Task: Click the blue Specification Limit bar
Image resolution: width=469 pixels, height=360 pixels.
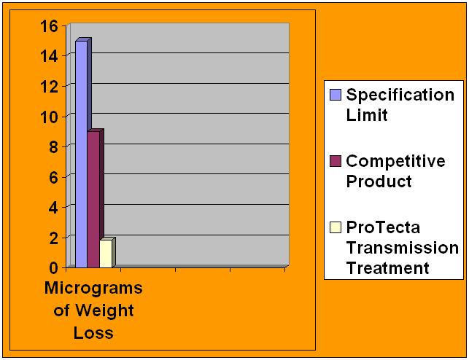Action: [x=81, y=153]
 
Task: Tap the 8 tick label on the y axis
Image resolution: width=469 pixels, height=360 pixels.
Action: [x=53, y=146]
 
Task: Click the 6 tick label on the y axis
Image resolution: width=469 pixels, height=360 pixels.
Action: [x=53, y=177]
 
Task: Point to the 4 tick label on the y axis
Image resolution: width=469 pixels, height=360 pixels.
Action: [x=53, y=207]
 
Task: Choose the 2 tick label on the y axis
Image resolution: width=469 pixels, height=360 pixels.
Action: [x=53, y=238]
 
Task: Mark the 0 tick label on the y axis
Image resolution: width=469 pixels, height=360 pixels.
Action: [x=53, y=267]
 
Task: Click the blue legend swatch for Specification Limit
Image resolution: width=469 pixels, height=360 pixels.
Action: [x=336, y=95]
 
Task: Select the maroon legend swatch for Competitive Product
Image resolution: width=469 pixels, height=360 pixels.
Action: [x=336, y=161]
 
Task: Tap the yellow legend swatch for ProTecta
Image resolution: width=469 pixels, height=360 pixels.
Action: [x=336, y=227]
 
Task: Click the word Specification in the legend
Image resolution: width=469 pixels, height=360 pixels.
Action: [x=400, y=95]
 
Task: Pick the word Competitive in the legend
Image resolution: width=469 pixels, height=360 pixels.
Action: [x=395, y=161]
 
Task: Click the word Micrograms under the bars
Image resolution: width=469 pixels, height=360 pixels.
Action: [x=93, y=288]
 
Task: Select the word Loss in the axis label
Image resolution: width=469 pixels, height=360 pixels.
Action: [x=93, y=333]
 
